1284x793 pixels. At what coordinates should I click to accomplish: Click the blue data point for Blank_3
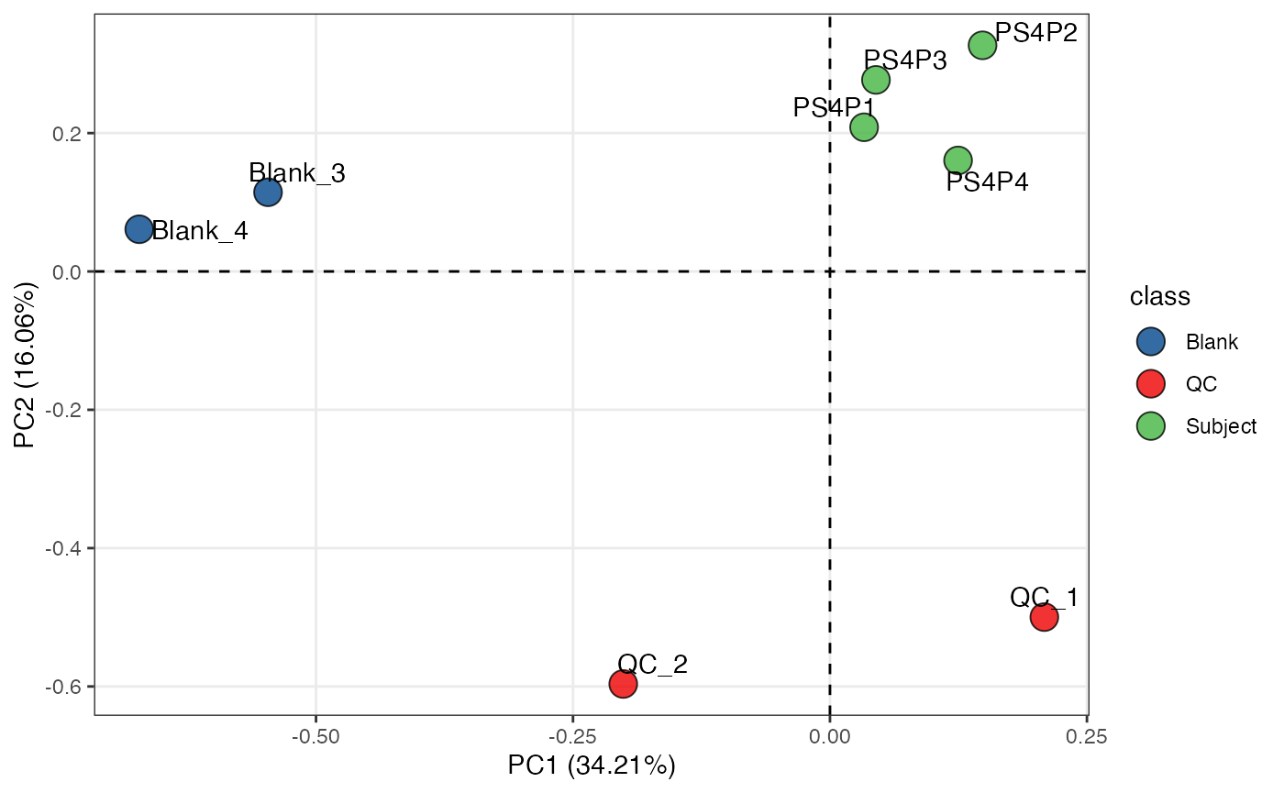coord(268,193)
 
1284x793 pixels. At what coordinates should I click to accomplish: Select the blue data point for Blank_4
coord(138,229)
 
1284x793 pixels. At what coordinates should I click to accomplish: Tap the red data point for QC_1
coord(1044,617)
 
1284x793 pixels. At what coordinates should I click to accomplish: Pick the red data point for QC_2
coord(623,684)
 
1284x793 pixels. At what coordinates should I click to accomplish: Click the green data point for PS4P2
coord(982,45)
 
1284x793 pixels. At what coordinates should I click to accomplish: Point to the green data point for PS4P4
coord(957,160)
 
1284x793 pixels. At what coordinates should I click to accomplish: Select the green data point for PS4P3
coord(876,80)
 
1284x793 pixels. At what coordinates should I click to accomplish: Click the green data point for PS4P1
coord(864,127)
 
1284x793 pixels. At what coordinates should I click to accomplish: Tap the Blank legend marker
coord(1150,342)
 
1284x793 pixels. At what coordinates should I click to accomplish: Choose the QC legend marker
coord(1150,384)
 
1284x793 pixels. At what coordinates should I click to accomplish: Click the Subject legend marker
coord(1150,426)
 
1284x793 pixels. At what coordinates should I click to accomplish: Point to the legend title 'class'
coord(1159,297)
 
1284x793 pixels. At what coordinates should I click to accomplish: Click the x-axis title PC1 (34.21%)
coord(592,765)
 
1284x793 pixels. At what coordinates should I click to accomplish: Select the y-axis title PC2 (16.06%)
coord(26,366)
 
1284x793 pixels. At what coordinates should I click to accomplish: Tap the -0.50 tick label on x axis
coord(315,736)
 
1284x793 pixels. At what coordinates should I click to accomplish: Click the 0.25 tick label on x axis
coord(1087,736)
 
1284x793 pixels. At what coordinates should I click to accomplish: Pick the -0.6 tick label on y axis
coord(69,687)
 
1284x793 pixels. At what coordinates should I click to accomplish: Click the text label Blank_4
coord(199,230)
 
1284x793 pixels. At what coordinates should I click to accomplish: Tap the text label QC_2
coord(652,665)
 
